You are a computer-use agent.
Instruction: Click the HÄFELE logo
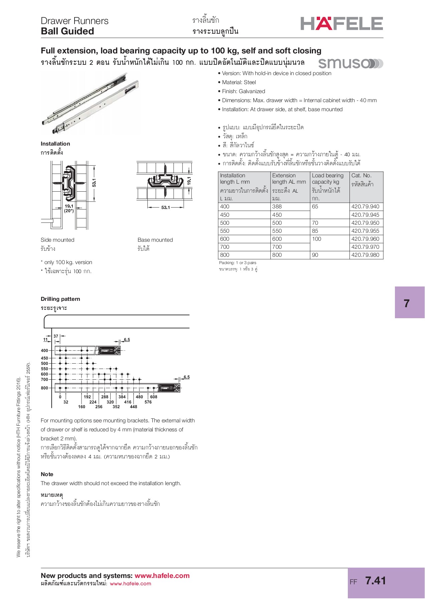(341, 24)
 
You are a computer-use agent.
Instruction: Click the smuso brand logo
(350, 63)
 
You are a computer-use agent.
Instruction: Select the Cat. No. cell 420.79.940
(365, 207)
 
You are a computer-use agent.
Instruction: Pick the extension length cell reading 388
(277, 207)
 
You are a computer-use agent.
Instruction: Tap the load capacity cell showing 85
(315, 231)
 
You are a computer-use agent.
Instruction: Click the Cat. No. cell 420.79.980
(365, 255)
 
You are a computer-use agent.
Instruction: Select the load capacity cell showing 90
(315, 255)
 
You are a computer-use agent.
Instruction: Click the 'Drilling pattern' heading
(60, 299)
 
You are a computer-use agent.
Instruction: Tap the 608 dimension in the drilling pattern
(153, 397)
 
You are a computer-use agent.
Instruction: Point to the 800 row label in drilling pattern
(44, 388)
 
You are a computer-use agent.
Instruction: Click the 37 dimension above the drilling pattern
(56, 336)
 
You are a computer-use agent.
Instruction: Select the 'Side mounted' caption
(57, 240)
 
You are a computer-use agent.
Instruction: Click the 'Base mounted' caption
(155, 240)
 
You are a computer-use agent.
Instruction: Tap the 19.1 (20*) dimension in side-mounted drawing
(69, 208)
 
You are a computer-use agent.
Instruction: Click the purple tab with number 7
(409, 303)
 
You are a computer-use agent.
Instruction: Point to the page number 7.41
(376, 581)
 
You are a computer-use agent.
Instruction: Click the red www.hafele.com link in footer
(162, 576)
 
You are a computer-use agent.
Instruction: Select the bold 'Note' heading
(47, 474)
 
